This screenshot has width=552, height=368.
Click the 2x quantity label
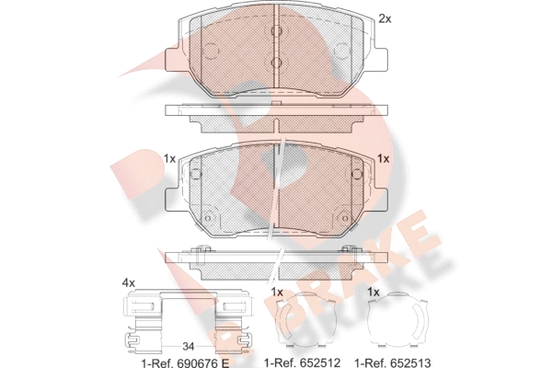coord(385,18)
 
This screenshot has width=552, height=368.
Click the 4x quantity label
coord(129,282)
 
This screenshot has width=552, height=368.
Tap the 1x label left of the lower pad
coord(169,159)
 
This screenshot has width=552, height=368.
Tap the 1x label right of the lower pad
coord(384,159)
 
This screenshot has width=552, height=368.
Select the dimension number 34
coord(188,347)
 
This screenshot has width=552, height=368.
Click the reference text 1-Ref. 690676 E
coord(185,362)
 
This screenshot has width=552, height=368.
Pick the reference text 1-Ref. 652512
coord(303,362)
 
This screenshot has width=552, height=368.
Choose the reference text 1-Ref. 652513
coord(393,362)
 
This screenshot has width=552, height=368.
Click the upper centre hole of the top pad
coord(277,31)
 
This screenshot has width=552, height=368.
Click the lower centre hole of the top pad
coord(277,63)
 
